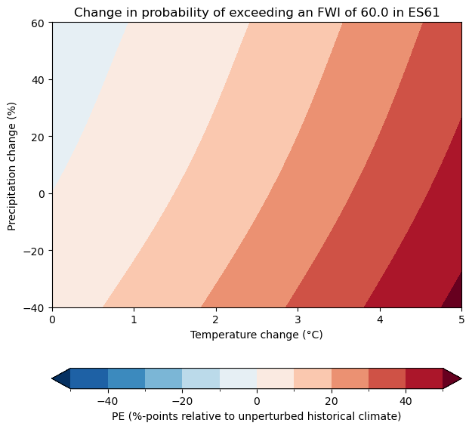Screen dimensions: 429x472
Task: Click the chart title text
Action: point(257,12)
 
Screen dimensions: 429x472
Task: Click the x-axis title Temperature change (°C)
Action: point(257,335)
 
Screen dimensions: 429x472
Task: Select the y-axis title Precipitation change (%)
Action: point(12,165)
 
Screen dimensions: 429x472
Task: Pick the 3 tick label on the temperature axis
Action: point(298,320)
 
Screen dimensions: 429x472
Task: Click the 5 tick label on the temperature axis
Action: point(461,320)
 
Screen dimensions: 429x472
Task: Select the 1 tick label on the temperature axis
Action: point(134,320)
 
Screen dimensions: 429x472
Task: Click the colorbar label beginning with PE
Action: point(257,416)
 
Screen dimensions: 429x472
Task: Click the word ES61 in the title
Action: point(425,12)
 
